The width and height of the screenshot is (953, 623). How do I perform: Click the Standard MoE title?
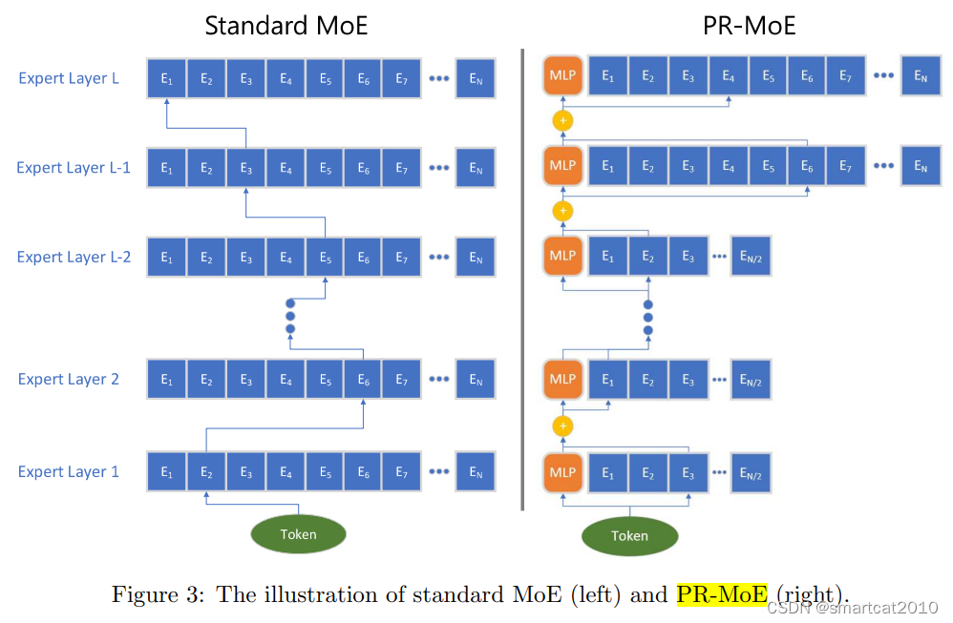click(286, 25)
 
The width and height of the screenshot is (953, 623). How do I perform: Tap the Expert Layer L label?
click(69, 78)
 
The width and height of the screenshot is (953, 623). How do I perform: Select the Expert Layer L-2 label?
click(74, 257)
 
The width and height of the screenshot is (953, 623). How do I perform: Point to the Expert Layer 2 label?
click(69, 379)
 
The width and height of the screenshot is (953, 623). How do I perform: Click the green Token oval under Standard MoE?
click(298, 534)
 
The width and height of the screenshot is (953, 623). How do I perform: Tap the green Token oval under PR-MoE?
click(629, 535)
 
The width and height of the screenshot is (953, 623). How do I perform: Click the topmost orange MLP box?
click(562, 76)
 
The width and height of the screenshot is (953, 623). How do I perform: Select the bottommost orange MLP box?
click(562, 471)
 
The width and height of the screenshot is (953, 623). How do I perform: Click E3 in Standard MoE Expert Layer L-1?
click(245, 168)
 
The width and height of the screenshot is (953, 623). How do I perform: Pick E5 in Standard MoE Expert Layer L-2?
click(325, 258)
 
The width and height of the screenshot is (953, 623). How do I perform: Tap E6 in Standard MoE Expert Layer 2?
click(364, 380)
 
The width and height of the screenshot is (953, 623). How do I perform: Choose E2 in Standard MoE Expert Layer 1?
click(206, 471)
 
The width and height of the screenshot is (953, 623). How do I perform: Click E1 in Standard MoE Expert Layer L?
click(167, 78)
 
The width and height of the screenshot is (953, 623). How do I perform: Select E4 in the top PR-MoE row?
click(729, 76)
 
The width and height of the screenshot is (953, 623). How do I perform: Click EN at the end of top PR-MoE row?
click(921, 76)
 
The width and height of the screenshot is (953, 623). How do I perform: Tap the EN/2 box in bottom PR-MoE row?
click(751, 471)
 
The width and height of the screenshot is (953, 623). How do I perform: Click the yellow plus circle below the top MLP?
click(563, 121)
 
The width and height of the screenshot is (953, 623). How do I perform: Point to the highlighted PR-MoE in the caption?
click(721, 594)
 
